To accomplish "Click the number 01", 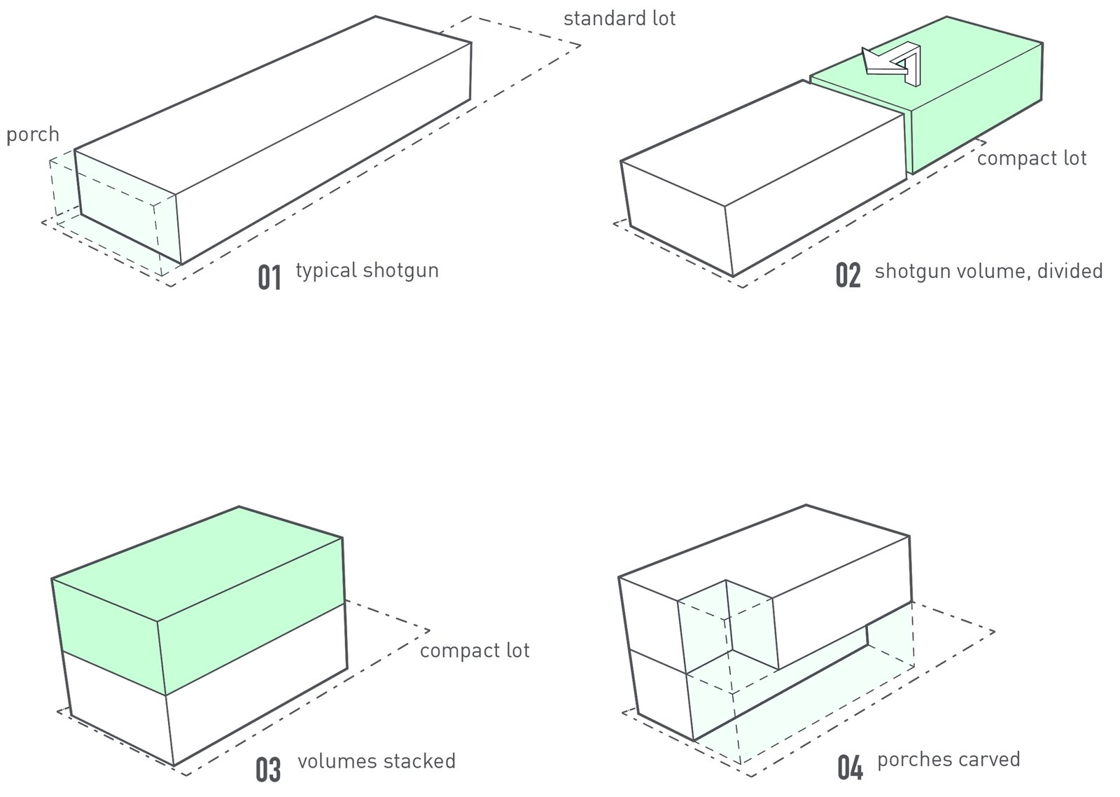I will pyautogui.click(x=269, y=277).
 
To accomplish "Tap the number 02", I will pyautogui.click(x=848, y=276).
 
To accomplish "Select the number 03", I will pyautogui.click(x=268, y=769).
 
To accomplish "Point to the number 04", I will pyautogui.click(x=850, y=768).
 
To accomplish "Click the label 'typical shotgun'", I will pyautogui.click(x=367, y=270).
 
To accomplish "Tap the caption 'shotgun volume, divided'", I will pyautogui.click(x=988, y=271).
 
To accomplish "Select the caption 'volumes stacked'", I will pyautogui.click(x=376, y=761).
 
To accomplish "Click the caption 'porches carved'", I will pyautogui.click(x=948, y=760).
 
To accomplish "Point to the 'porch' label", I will pyautogui.click(x=33, y=134).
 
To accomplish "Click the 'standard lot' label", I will pyautogui.click(x=619, y=18).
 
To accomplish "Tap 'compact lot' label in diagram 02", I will pyautogui.click(x=1031, y=158).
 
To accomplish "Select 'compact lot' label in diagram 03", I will pyautogui.click(x=475, y=651).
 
